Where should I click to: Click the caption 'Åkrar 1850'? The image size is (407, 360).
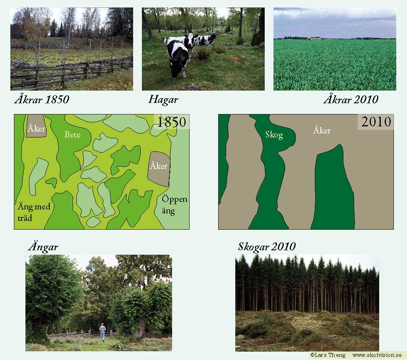42,99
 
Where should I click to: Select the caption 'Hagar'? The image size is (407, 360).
163,100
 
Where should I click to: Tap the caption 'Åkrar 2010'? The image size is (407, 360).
351,99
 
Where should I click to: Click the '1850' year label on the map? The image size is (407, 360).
172,122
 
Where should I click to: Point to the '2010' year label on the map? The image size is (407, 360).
376,122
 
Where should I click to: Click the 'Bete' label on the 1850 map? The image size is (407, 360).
72,134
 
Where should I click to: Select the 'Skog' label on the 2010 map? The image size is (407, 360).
274,135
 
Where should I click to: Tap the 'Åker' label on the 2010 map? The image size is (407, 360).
322,130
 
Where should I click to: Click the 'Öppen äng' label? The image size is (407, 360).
174,205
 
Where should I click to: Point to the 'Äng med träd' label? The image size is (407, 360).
34,212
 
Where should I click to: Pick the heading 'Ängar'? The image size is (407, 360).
43,247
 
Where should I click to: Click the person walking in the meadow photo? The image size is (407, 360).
103,332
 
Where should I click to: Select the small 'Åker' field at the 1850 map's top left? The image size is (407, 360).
37,126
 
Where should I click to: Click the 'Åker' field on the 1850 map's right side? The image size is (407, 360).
159,169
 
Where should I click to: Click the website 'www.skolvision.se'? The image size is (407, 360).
377,355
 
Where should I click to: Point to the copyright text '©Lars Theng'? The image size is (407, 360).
328,355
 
